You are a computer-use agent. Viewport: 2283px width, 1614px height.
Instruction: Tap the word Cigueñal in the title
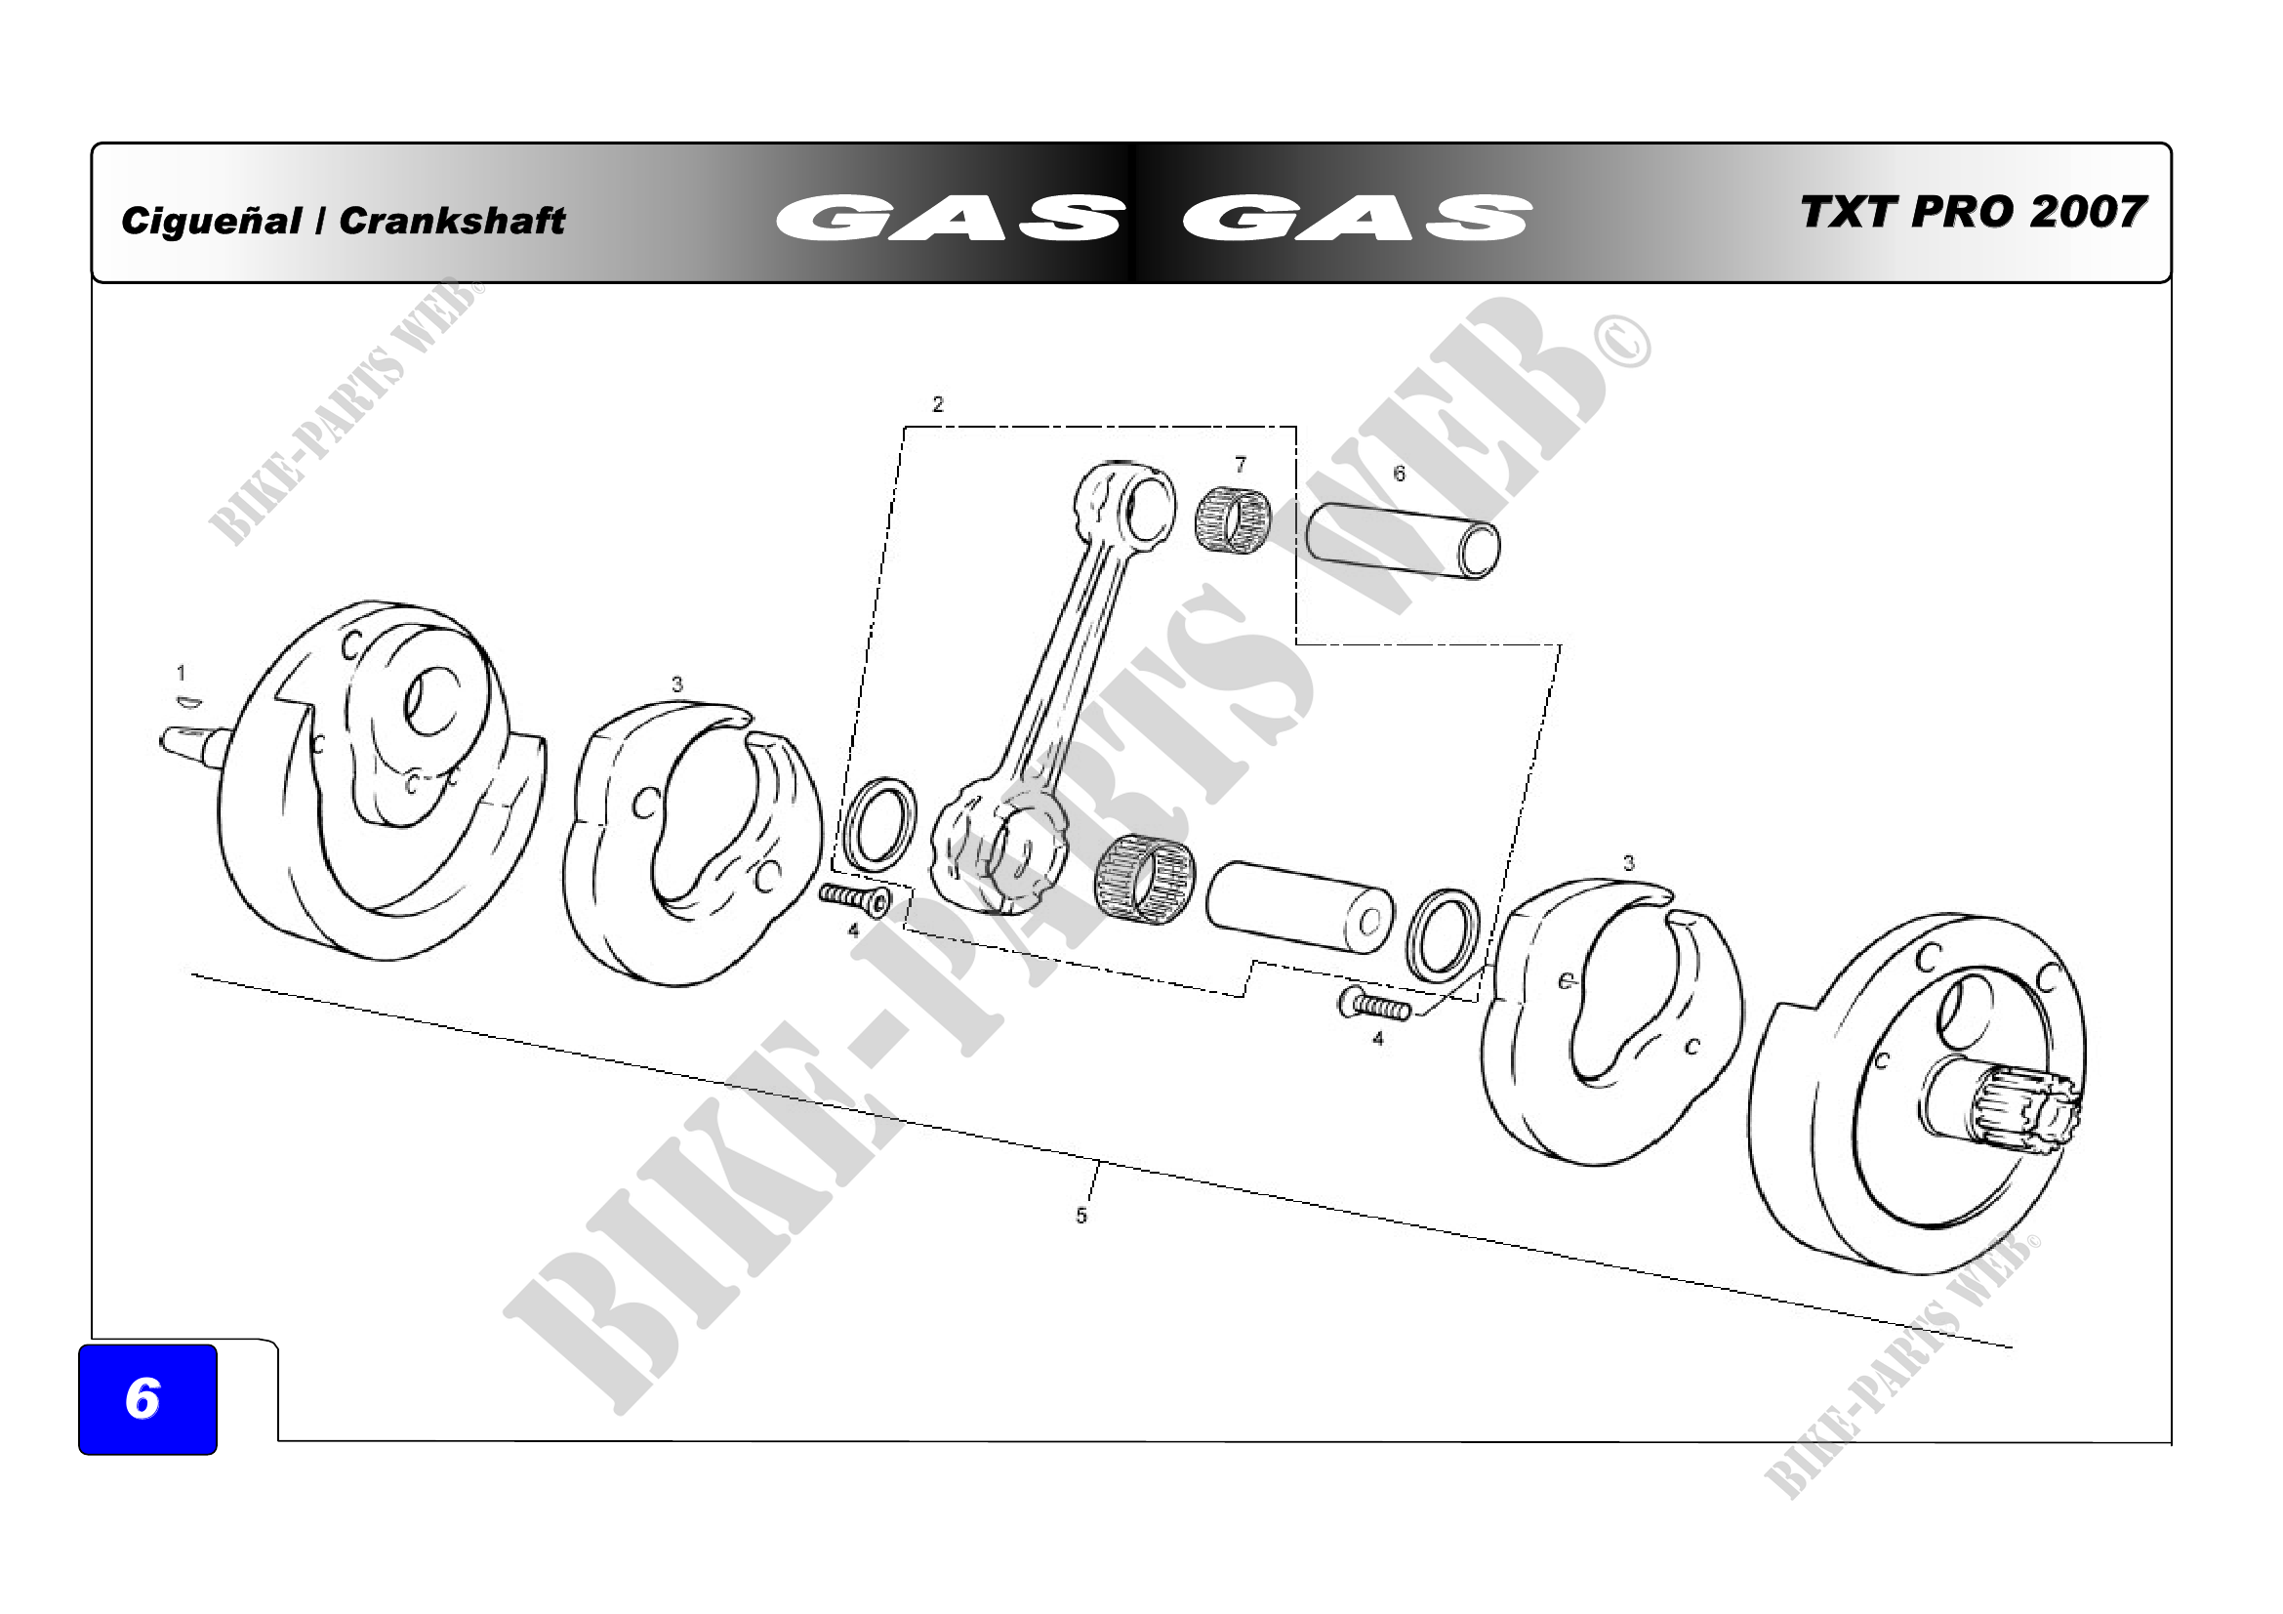(x=211, y=221)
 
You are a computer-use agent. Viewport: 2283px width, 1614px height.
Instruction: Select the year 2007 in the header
(x=2088, y=212)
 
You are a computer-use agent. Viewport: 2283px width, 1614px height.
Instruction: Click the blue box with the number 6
(x=147, y=1399)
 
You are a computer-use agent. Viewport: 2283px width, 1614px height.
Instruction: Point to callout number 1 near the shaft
(x=181, y=674)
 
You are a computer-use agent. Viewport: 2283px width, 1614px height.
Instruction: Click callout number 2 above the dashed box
(x=938, y=404)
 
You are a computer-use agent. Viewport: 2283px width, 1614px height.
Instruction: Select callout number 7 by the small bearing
(x=1240, y=465)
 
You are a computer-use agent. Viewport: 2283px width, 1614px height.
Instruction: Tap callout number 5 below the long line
(x=1080, y=1216)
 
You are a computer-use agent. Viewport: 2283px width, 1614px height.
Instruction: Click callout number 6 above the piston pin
(x=1399, y=474)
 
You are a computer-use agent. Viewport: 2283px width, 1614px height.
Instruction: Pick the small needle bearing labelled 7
(x=1232, y=519)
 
